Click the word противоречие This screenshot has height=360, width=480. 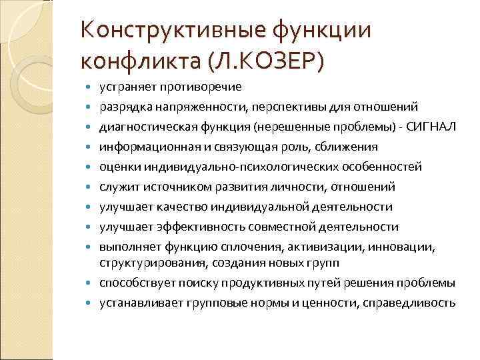198,87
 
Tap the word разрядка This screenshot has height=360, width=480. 122,107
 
